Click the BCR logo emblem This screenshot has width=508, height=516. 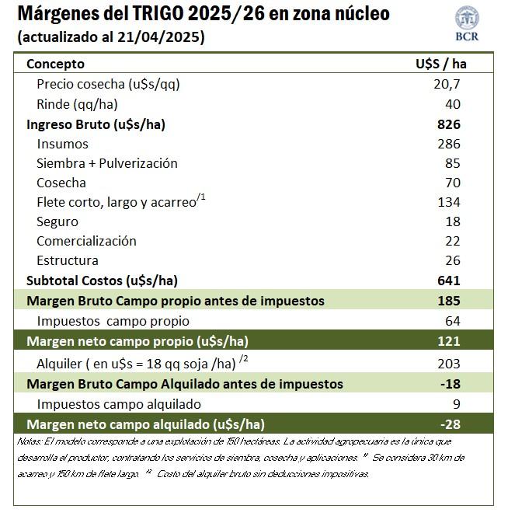tap(467, 18)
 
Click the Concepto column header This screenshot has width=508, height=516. tap(56, 64)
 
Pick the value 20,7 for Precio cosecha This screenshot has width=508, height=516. tap(447, 84)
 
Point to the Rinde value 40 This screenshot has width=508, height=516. tap(453, 104)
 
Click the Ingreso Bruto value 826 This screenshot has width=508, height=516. tap(449, 124)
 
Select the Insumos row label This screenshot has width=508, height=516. tap(62, 144)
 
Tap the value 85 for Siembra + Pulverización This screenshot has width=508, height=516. tap(453, 163)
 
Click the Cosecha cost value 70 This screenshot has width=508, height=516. tap(453, 183)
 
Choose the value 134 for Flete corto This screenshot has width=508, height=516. tap(449, 202)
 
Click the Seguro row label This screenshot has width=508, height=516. tap(57, 221)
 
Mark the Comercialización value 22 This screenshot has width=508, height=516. tap(453, 241)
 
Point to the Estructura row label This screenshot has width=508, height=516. tap(68, 260)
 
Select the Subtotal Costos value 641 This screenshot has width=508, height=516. tap(449, 281)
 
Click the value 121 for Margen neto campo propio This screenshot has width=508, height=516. tap(449, 341)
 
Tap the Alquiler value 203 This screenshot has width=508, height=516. tap(449, 363)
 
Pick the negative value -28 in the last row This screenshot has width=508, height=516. tap(450, 424)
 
